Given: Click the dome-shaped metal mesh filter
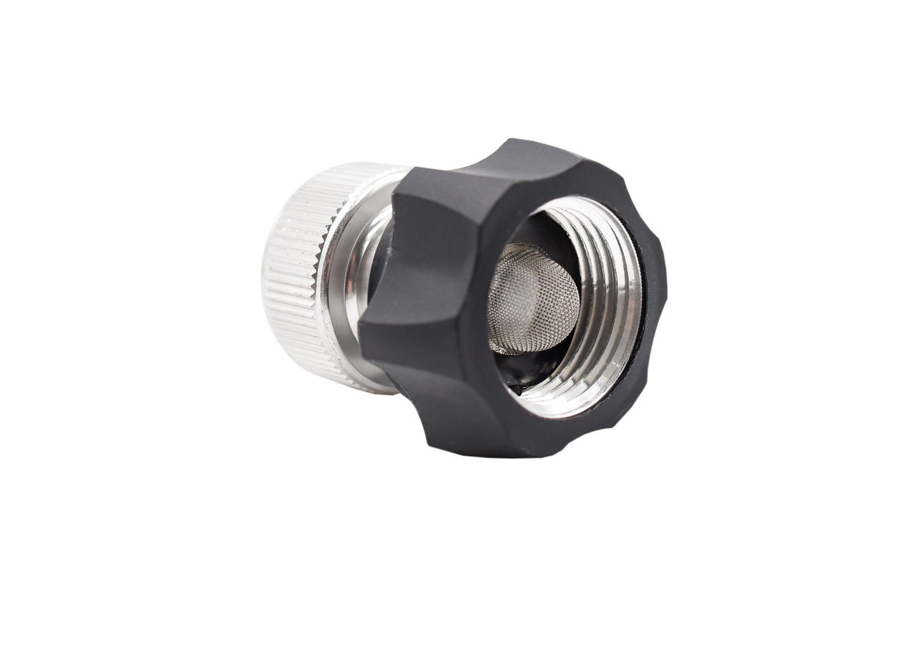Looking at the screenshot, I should pos(534,298).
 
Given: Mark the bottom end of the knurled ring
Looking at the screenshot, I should pos(359,384).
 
